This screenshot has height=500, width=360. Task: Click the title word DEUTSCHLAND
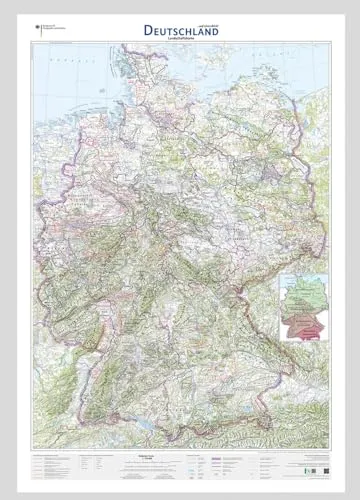click(180, 30)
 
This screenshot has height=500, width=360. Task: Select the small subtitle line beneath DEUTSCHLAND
click(180, 41)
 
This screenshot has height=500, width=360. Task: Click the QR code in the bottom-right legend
click(312, 463)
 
